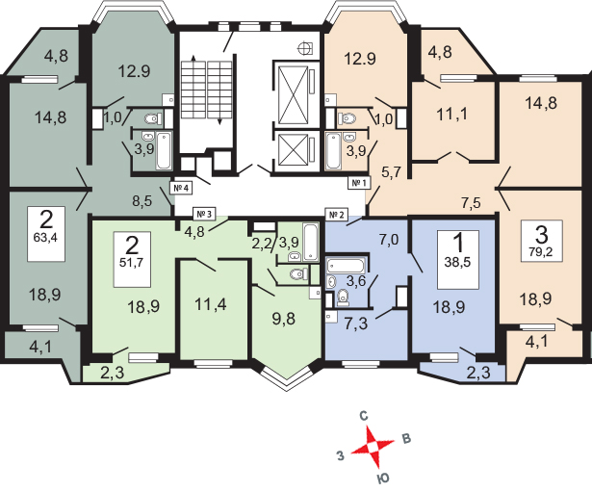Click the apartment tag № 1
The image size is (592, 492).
(360, 182)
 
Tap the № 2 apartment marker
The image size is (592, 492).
(336, 214)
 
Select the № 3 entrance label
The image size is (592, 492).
(203, 213)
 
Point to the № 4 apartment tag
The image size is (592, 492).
(180, 187)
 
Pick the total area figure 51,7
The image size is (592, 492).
(129, 261)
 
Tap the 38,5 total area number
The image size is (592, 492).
(453, 261)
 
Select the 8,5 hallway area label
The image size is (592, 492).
(143, 201)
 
